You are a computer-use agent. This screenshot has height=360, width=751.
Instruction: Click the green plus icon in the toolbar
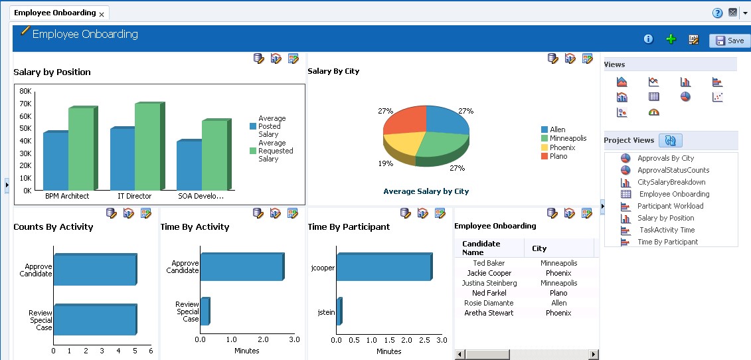[671, 40]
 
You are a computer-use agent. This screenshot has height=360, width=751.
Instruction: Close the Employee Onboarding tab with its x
[102, 14]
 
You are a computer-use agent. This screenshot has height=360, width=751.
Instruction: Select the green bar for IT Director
[147, 147]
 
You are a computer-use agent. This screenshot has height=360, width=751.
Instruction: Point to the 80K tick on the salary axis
[25, 91]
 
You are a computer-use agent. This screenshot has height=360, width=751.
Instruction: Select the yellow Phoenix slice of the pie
[402, 143]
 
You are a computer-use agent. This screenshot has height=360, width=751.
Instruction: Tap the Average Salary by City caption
[426, 191]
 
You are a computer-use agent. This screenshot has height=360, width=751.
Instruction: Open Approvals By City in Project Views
[665, 158]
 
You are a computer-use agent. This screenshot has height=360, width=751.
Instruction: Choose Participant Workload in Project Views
[670, 206]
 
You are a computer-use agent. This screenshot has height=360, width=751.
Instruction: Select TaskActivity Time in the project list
[667, 230]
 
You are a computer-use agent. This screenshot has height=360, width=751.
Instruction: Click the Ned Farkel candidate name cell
[489, 293]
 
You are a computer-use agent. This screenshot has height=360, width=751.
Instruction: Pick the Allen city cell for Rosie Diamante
[558, 303]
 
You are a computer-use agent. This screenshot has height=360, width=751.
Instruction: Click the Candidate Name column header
[481, 248]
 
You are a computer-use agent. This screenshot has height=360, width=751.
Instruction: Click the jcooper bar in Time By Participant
[383, 267]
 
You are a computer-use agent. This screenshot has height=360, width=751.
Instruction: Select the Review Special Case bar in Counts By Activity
[94, 319]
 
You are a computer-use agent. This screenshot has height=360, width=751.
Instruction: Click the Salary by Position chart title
[52, 72]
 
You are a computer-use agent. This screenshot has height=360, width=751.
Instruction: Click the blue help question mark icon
[717, 13]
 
